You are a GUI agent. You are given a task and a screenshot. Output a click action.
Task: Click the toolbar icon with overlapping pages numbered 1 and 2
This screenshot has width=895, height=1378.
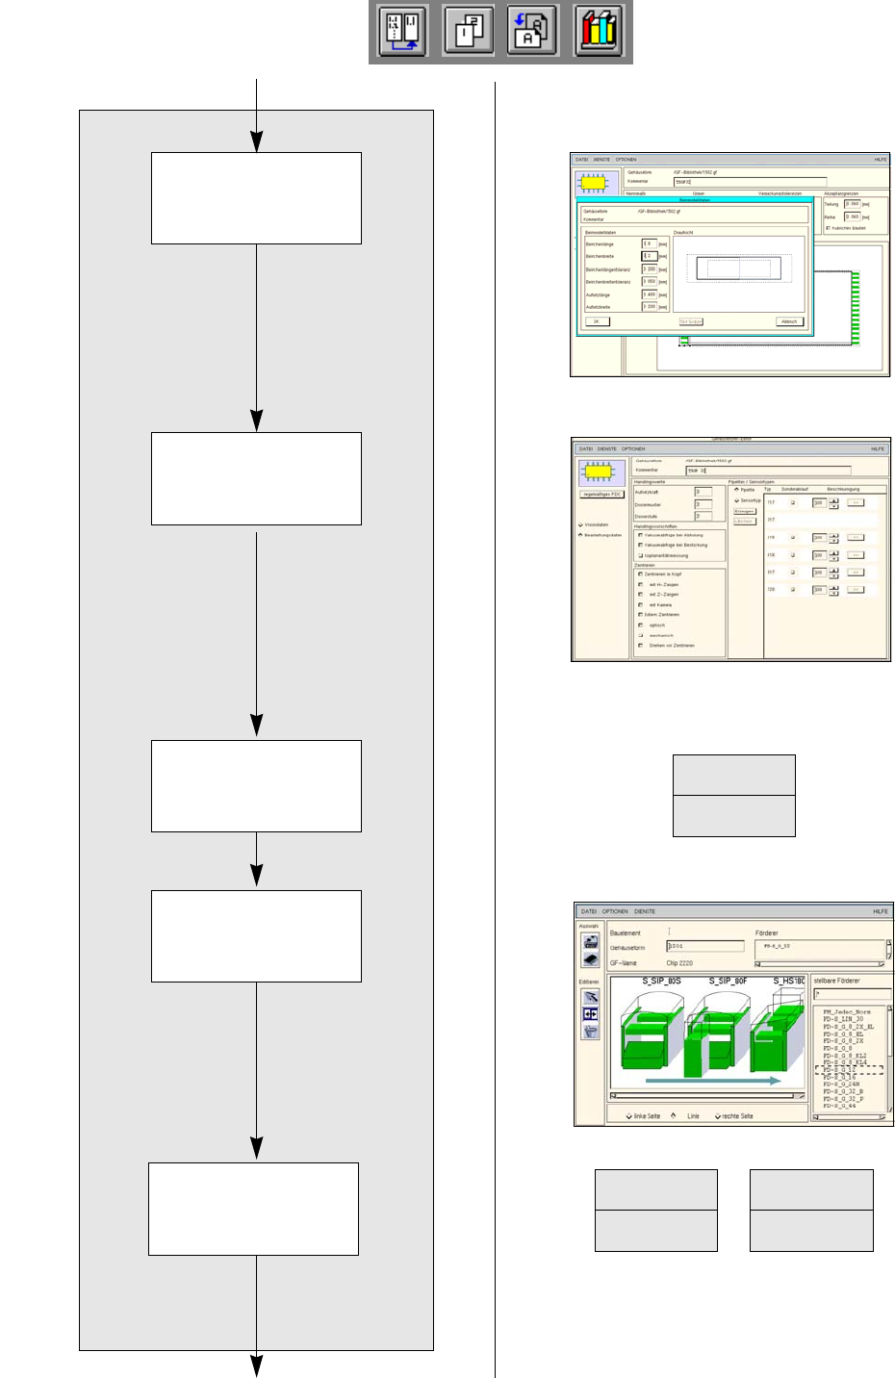click(469, 31)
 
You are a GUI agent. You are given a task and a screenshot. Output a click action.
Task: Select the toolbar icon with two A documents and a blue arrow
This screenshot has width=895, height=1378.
click(532, 31)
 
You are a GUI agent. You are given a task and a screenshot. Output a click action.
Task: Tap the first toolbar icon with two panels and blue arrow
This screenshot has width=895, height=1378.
click(402, 31)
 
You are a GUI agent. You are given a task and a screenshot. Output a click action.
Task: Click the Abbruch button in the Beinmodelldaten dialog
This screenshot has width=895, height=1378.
click(789, 321)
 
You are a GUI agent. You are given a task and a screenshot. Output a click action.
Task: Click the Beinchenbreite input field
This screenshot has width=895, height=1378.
click(650, 256)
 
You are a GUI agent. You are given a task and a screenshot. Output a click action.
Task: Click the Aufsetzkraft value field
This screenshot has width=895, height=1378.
click(703, 492)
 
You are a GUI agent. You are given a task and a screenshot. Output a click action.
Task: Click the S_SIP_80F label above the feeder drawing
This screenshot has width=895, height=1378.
click(729, 981)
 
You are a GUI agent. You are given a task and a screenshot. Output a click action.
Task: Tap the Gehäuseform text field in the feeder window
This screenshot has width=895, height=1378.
click(705, 947)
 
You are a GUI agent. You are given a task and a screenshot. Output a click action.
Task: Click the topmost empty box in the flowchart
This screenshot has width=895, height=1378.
click(256, 198)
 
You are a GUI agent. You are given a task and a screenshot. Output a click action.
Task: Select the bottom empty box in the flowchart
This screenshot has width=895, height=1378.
click(253, 1209)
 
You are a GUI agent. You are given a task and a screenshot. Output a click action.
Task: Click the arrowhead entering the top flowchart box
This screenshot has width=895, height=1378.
click(257, 142)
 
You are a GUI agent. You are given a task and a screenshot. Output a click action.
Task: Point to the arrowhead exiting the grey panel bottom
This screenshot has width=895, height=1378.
click(257, 1365)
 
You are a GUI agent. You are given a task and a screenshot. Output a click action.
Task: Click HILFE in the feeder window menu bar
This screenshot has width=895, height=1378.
click(880, 911)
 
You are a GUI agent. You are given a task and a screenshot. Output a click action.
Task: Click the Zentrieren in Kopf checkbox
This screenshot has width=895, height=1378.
click(641, 574)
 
